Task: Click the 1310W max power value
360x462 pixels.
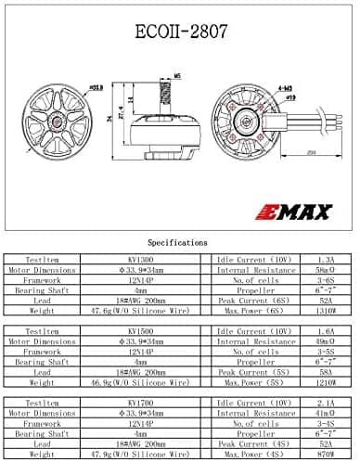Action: pos(326,312)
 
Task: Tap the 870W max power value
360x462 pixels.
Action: pos(326,456)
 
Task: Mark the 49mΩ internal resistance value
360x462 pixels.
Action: pos(326,341)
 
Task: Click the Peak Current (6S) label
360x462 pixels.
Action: pos(252,301)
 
